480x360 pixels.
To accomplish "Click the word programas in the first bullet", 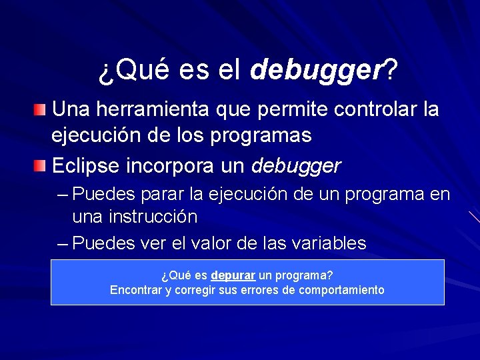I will (x=268, y=135).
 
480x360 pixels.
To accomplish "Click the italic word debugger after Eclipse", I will (x=297, y=165).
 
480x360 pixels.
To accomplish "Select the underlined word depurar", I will (x=233, y=275).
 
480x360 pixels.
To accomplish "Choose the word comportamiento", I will (x=341, y=290).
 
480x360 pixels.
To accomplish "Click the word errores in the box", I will (x=257, y=290).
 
